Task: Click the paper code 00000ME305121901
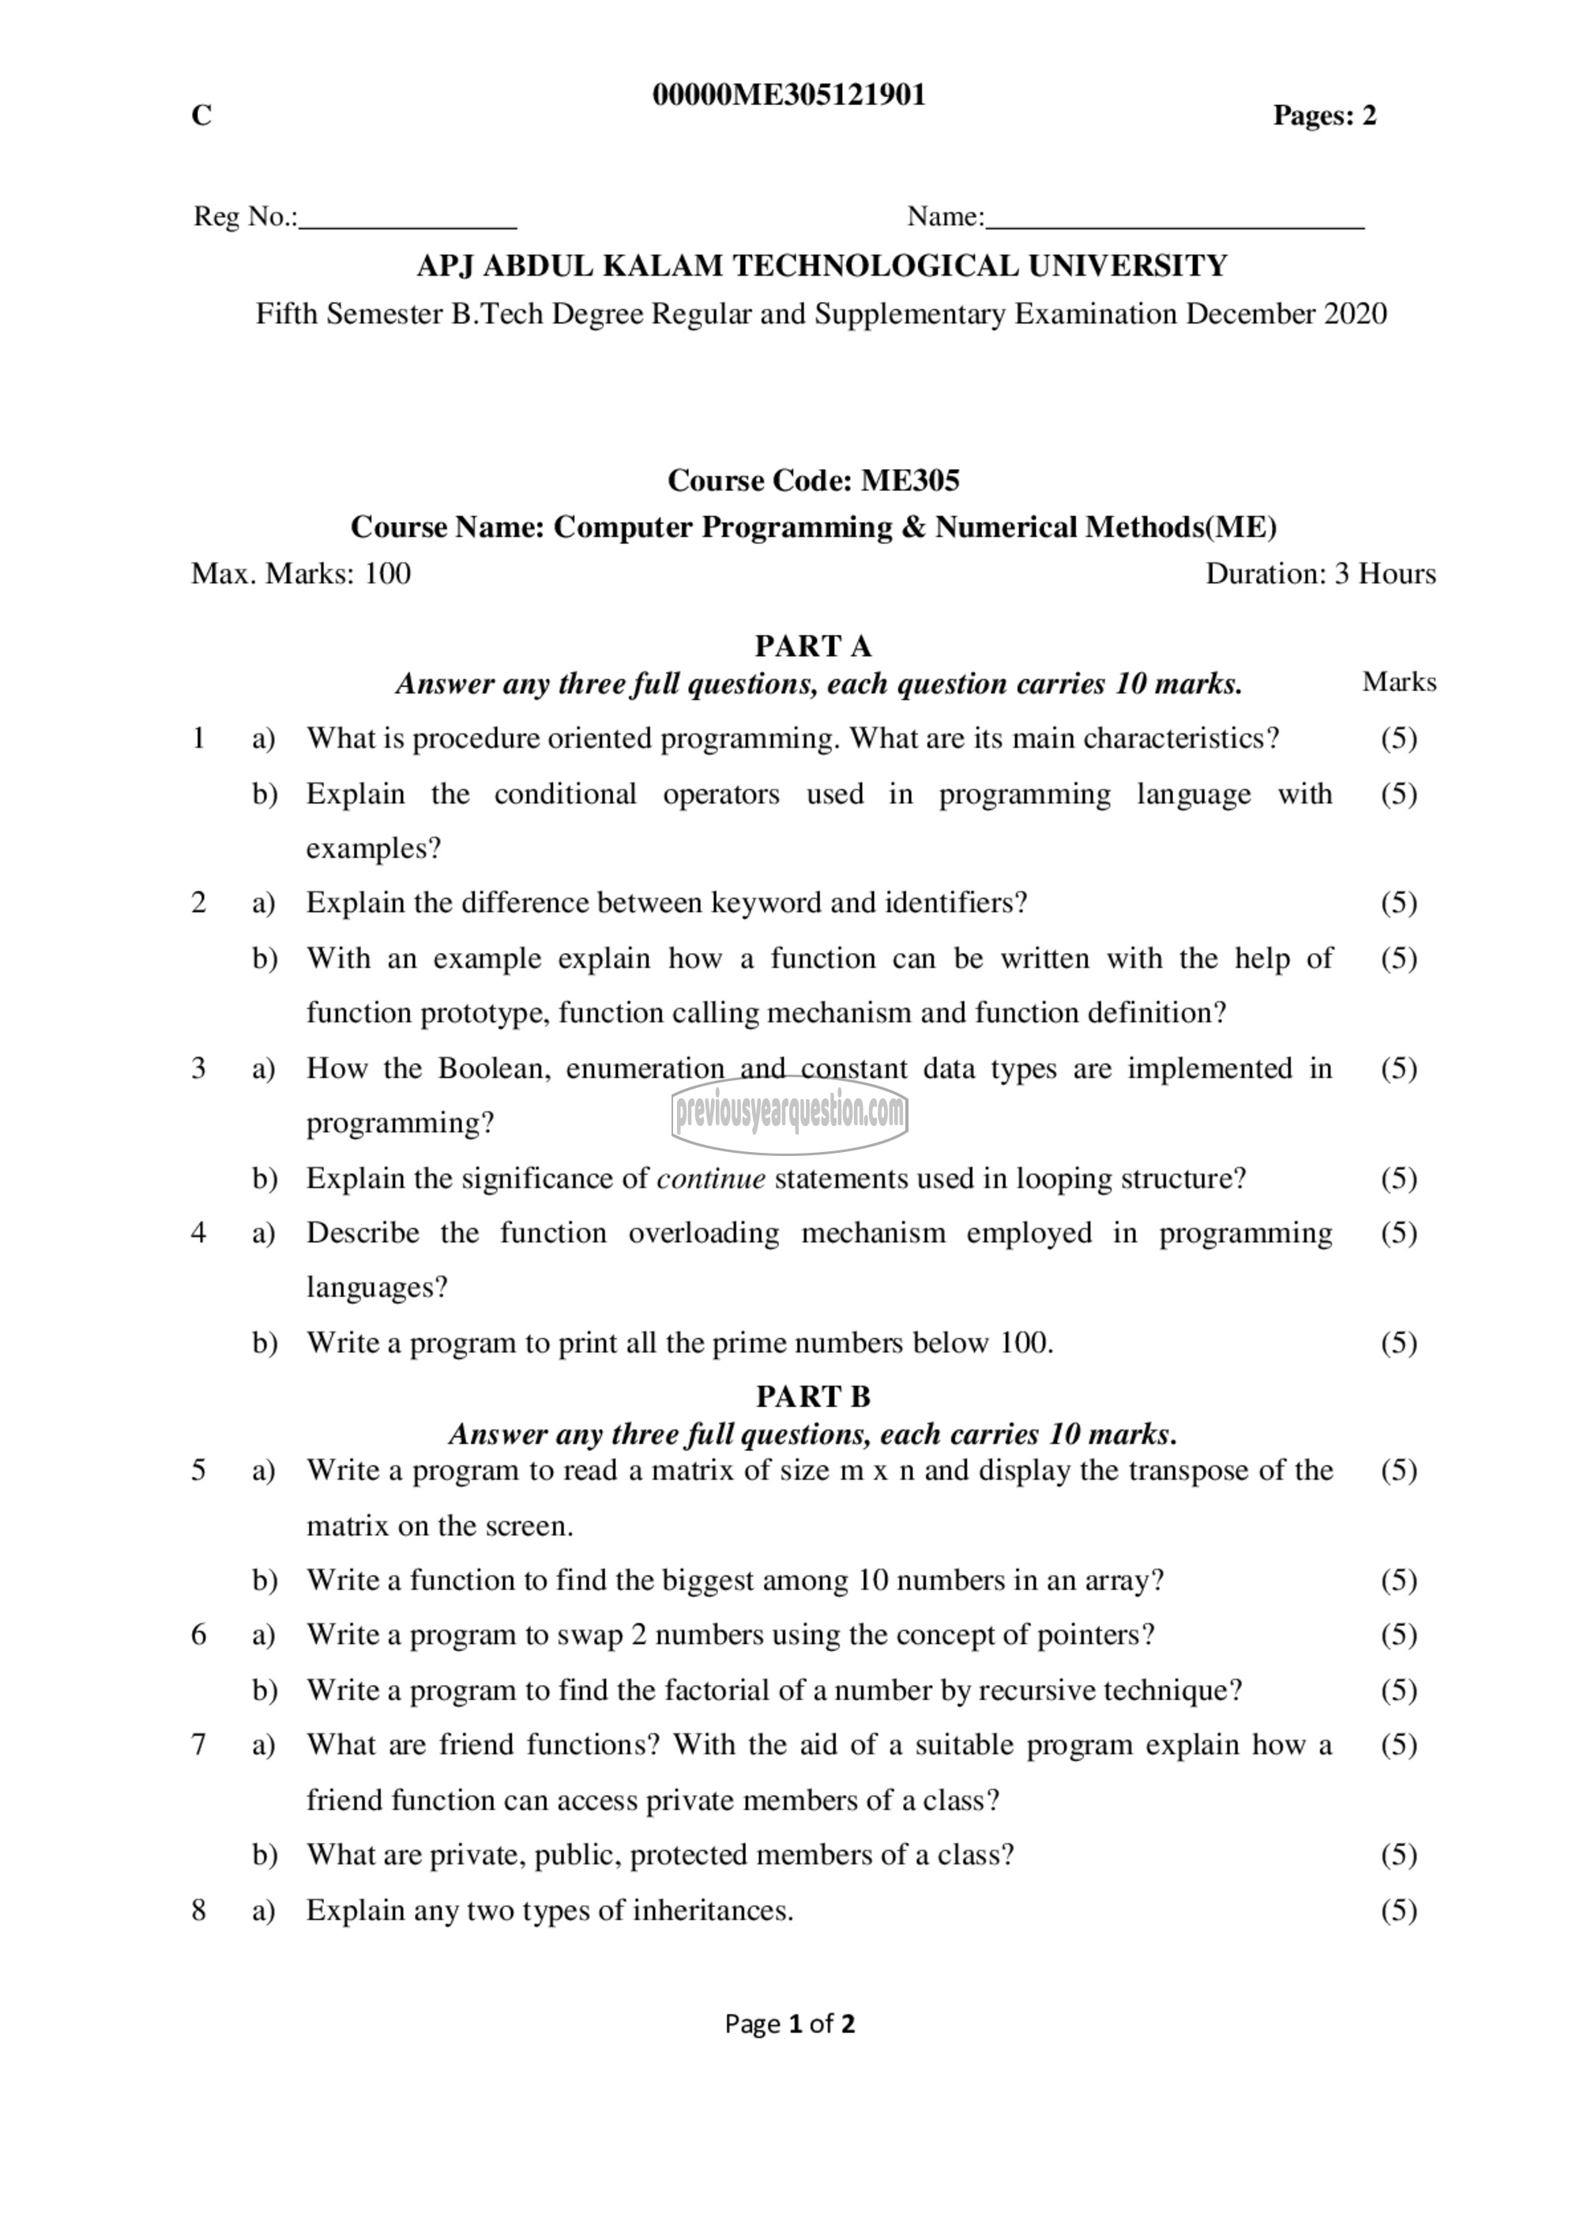(789, 96)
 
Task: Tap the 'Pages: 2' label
(1324, 116)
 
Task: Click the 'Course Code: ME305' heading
(814, 480)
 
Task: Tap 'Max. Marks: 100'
(301, 574)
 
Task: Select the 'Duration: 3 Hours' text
(1320, 574)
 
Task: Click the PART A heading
(814, 646)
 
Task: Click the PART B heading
(814, 1397)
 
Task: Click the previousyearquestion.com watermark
(789, 1113)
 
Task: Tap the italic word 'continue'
(711, 1179)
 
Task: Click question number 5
(198, 1469)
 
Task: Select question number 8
(198, 1911)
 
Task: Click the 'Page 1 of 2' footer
(790, 2025)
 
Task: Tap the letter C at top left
(201, 116)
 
